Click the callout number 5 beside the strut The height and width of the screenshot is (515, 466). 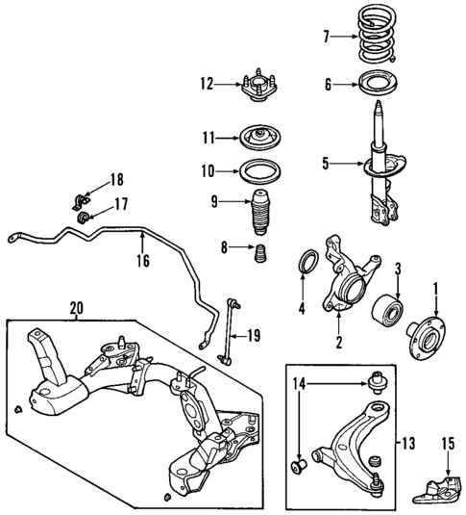click(327, 164)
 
